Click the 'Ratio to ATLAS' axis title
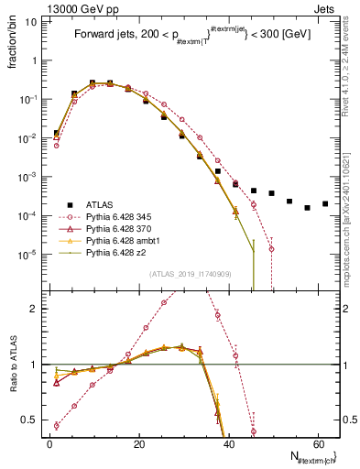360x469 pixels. pos(14,365)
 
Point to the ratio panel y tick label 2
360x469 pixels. pos(37,309)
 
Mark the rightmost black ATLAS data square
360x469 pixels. pos(325,203)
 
